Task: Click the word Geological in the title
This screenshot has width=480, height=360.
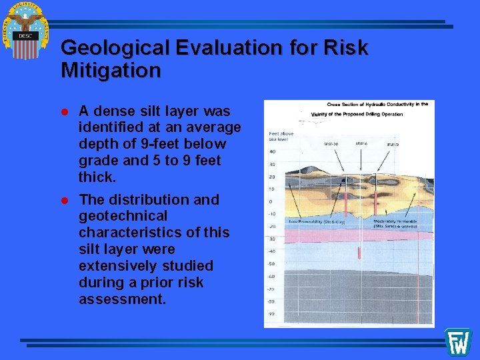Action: [115, 48]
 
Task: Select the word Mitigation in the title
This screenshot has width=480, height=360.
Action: [111, 70]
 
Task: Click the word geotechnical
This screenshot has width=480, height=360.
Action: [123, 216]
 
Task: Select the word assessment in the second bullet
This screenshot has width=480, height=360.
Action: [122, 299]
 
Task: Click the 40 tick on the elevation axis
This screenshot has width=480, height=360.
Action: [272, 151]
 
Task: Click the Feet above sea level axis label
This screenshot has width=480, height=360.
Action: [281, 136]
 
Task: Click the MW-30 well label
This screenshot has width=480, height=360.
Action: [331, 143]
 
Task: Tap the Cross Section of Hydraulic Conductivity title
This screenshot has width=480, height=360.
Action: [377, 104]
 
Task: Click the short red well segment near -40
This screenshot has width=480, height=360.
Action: [359, 253]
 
